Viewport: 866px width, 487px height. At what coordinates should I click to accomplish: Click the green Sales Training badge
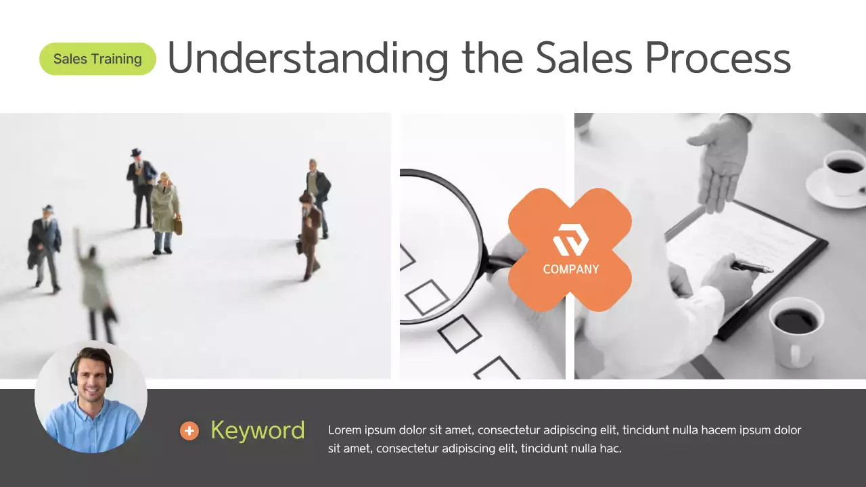(97, 59)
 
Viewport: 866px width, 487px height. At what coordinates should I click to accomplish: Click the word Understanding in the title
(308, 58)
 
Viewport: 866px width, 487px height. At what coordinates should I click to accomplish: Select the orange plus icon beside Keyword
(189, 431)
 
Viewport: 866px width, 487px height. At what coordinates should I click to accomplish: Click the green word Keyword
(257, 430)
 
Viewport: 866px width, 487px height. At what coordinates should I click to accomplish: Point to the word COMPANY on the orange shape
(570, 269)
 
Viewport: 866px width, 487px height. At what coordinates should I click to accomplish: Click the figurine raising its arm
(93, 284)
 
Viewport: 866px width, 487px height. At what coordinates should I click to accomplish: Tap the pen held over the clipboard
(752, 266)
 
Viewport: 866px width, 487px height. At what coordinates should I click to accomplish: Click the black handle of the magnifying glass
(497, 264)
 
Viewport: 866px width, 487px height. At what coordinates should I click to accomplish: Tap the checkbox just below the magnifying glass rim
(427, 297)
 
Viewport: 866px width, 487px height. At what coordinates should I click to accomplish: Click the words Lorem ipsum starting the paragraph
(359, 430)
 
